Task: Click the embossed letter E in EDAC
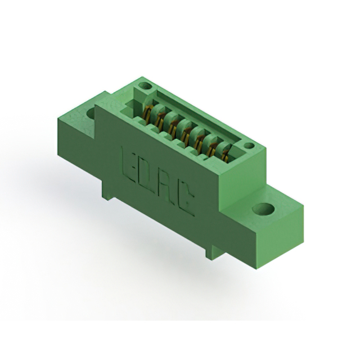[128, 160]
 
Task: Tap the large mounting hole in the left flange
[91, 112]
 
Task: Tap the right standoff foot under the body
[211, 251]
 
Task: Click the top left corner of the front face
[97, 106]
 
